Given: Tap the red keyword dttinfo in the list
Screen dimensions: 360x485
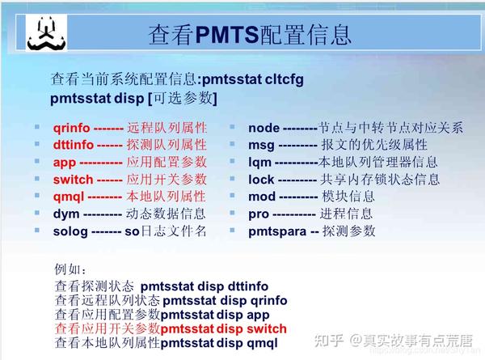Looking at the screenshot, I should (71, 145).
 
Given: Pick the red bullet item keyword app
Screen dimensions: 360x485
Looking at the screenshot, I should (64, 163).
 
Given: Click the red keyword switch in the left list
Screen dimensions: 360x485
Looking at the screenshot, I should (72, 180).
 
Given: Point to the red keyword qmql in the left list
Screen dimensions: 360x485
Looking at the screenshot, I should (68, 197).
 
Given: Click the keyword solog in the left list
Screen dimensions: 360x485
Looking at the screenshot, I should (70, 231).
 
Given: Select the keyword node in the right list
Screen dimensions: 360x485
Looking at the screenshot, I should (264, 128).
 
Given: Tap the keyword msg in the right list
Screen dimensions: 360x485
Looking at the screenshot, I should (261, 145).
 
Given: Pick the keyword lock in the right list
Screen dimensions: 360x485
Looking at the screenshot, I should (262, 180).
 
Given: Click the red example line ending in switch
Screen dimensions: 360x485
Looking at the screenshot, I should (170, 329).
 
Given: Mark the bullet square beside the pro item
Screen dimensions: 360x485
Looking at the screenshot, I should (230, 214).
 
